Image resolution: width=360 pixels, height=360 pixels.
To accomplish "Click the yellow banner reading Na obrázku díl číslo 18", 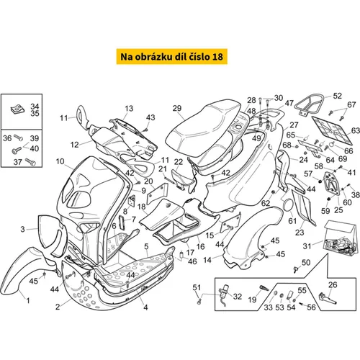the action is click(x=172, y=57).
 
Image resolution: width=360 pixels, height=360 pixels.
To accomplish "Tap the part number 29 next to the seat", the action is click(x=177, y=109).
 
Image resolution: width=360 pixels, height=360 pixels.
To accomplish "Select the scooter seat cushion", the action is click(x=204, y=127).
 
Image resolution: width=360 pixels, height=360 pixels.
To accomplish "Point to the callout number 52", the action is click(x=337, y=96).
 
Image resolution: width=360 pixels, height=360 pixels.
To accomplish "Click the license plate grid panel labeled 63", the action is click(x=332, y=130).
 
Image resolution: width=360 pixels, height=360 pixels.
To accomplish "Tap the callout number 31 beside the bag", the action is click(x=307, y=246).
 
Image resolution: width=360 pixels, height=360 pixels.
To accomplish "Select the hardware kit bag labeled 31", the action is click(x=340, y=238).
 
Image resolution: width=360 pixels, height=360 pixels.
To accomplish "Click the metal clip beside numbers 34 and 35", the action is click(x=18, y=109).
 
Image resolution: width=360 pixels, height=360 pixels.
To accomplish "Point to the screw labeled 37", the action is click(x=30, y=161).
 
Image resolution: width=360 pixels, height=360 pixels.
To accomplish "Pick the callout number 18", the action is click(x=142, y=207).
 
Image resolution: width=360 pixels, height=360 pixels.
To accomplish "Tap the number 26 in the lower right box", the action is click(x=333, y=285).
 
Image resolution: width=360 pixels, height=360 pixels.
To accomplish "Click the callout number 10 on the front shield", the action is click(x=60, y=161).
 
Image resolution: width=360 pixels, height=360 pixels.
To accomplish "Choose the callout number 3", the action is click(x=22, y=229).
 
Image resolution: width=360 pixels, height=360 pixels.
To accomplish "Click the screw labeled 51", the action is click(x=199, y=302).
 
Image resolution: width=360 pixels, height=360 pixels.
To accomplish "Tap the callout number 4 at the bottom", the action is click(x=145, y=307).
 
